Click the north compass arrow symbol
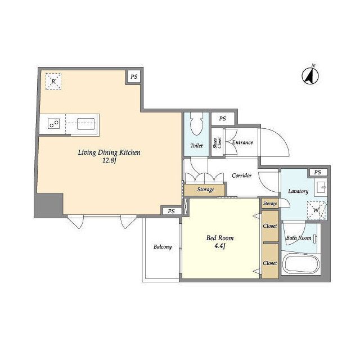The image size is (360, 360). (310, 76)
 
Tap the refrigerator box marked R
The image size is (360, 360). (53, 81)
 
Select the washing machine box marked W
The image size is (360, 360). (316, 210)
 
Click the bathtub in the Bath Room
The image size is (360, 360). (301, 264)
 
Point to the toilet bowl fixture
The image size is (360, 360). (196, 124)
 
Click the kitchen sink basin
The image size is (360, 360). (86, 124)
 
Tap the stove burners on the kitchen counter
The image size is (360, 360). (54, 123)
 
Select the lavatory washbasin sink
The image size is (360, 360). (321, 187)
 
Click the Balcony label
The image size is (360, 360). (163, 247)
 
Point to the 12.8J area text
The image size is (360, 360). (109, 160)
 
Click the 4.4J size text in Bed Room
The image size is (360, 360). (220, 246)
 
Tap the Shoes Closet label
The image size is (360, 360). (217, 142)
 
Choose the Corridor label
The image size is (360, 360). (241, 175)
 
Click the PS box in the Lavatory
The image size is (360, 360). (318, 172)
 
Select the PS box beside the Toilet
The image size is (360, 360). (223, 119)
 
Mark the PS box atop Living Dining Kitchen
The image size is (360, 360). (134, 76)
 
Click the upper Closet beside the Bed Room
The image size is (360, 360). (270, 226)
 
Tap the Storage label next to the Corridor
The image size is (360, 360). (206, 190)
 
